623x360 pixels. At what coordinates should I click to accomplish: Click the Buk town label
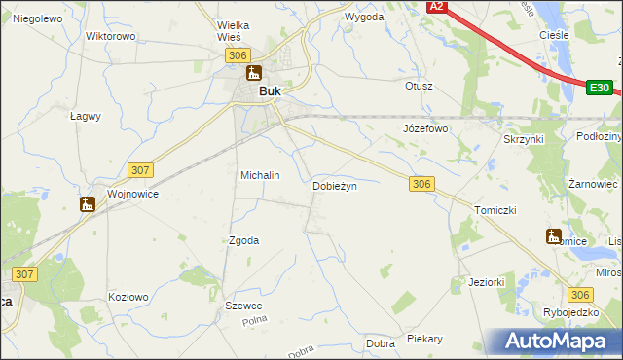tap(270, 91)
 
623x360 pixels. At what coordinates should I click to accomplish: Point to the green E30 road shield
tap(600, 89)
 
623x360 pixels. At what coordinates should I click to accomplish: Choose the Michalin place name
tap(260, 175)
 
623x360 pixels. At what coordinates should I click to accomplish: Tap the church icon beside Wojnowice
tap(88, 204)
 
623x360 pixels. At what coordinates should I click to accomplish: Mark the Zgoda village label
tap(243, 240)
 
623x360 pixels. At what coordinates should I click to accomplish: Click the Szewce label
tap(243, 306)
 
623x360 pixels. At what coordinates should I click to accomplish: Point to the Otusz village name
tap(419, 86)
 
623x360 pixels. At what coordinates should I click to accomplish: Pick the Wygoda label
tap(364, 18)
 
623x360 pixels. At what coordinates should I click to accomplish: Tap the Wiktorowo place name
tap(110, 36)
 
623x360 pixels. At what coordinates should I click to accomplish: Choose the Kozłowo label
tap(128, 297)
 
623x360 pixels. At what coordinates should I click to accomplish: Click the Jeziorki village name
tap(486, 282)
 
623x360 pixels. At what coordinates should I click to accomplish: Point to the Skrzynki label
tap(523, 139)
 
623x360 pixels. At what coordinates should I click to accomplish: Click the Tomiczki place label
tap(494, 210)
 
